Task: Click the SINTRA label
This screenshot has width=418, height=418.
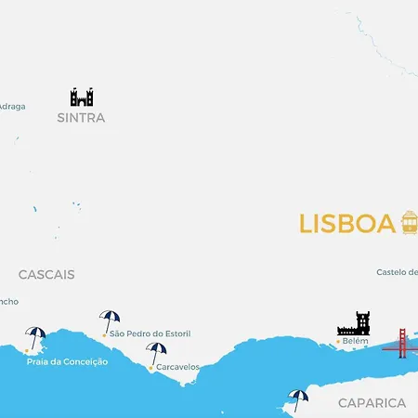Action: pyautogui.click(x=81, y=118)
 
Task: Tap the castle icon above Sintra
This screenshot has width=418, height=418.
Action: pyautogui.click(x=82, y=97)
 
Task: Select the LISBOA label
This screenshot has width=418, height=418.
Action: pyautogui.click(x=346, y=224)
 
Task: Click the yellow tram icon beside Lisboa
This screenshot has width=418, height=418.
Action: pyautogui.click(x=410, y=222)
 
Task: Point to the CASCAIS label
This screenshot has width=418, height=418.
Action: pyautogui.click(x=46, y=275)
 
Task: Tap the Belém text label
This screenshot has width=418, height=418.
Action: pyautogui.click(x=356, y=342)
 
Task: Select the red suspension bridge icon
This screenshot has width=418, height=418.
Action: pyautogui.click(x=402, y=343)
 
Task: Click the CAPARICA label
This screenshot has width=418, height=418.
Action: pyautogui.click(x=372, y=403)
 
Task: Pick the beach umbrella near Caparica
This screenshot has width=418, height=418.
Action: pyautogui.click(x=298, y=399)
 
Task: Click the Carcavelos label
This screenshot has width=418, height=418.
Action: pyautogui.click(x=177, y=367)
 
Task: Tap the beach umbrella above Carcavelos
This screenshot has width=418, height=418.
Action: pyautogui.click(x=156, y=353)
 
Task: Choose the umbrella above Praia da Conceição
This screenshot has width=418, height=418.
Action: pyautogui.click(x=36, y=337)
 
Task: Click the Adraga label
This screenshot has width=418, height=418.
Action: pyautogui.click(x=12, y=106)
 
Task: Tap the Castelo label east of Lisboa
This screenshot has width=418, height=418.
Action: pyautogui.click(x=397, y=272)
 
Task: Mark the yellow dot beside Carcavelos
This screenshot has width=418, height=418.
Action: pyautogui.click(x=150, y=368)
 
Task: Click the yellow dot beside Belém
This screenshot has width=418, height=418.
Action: pyautogui.click(x=338, y=342)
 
